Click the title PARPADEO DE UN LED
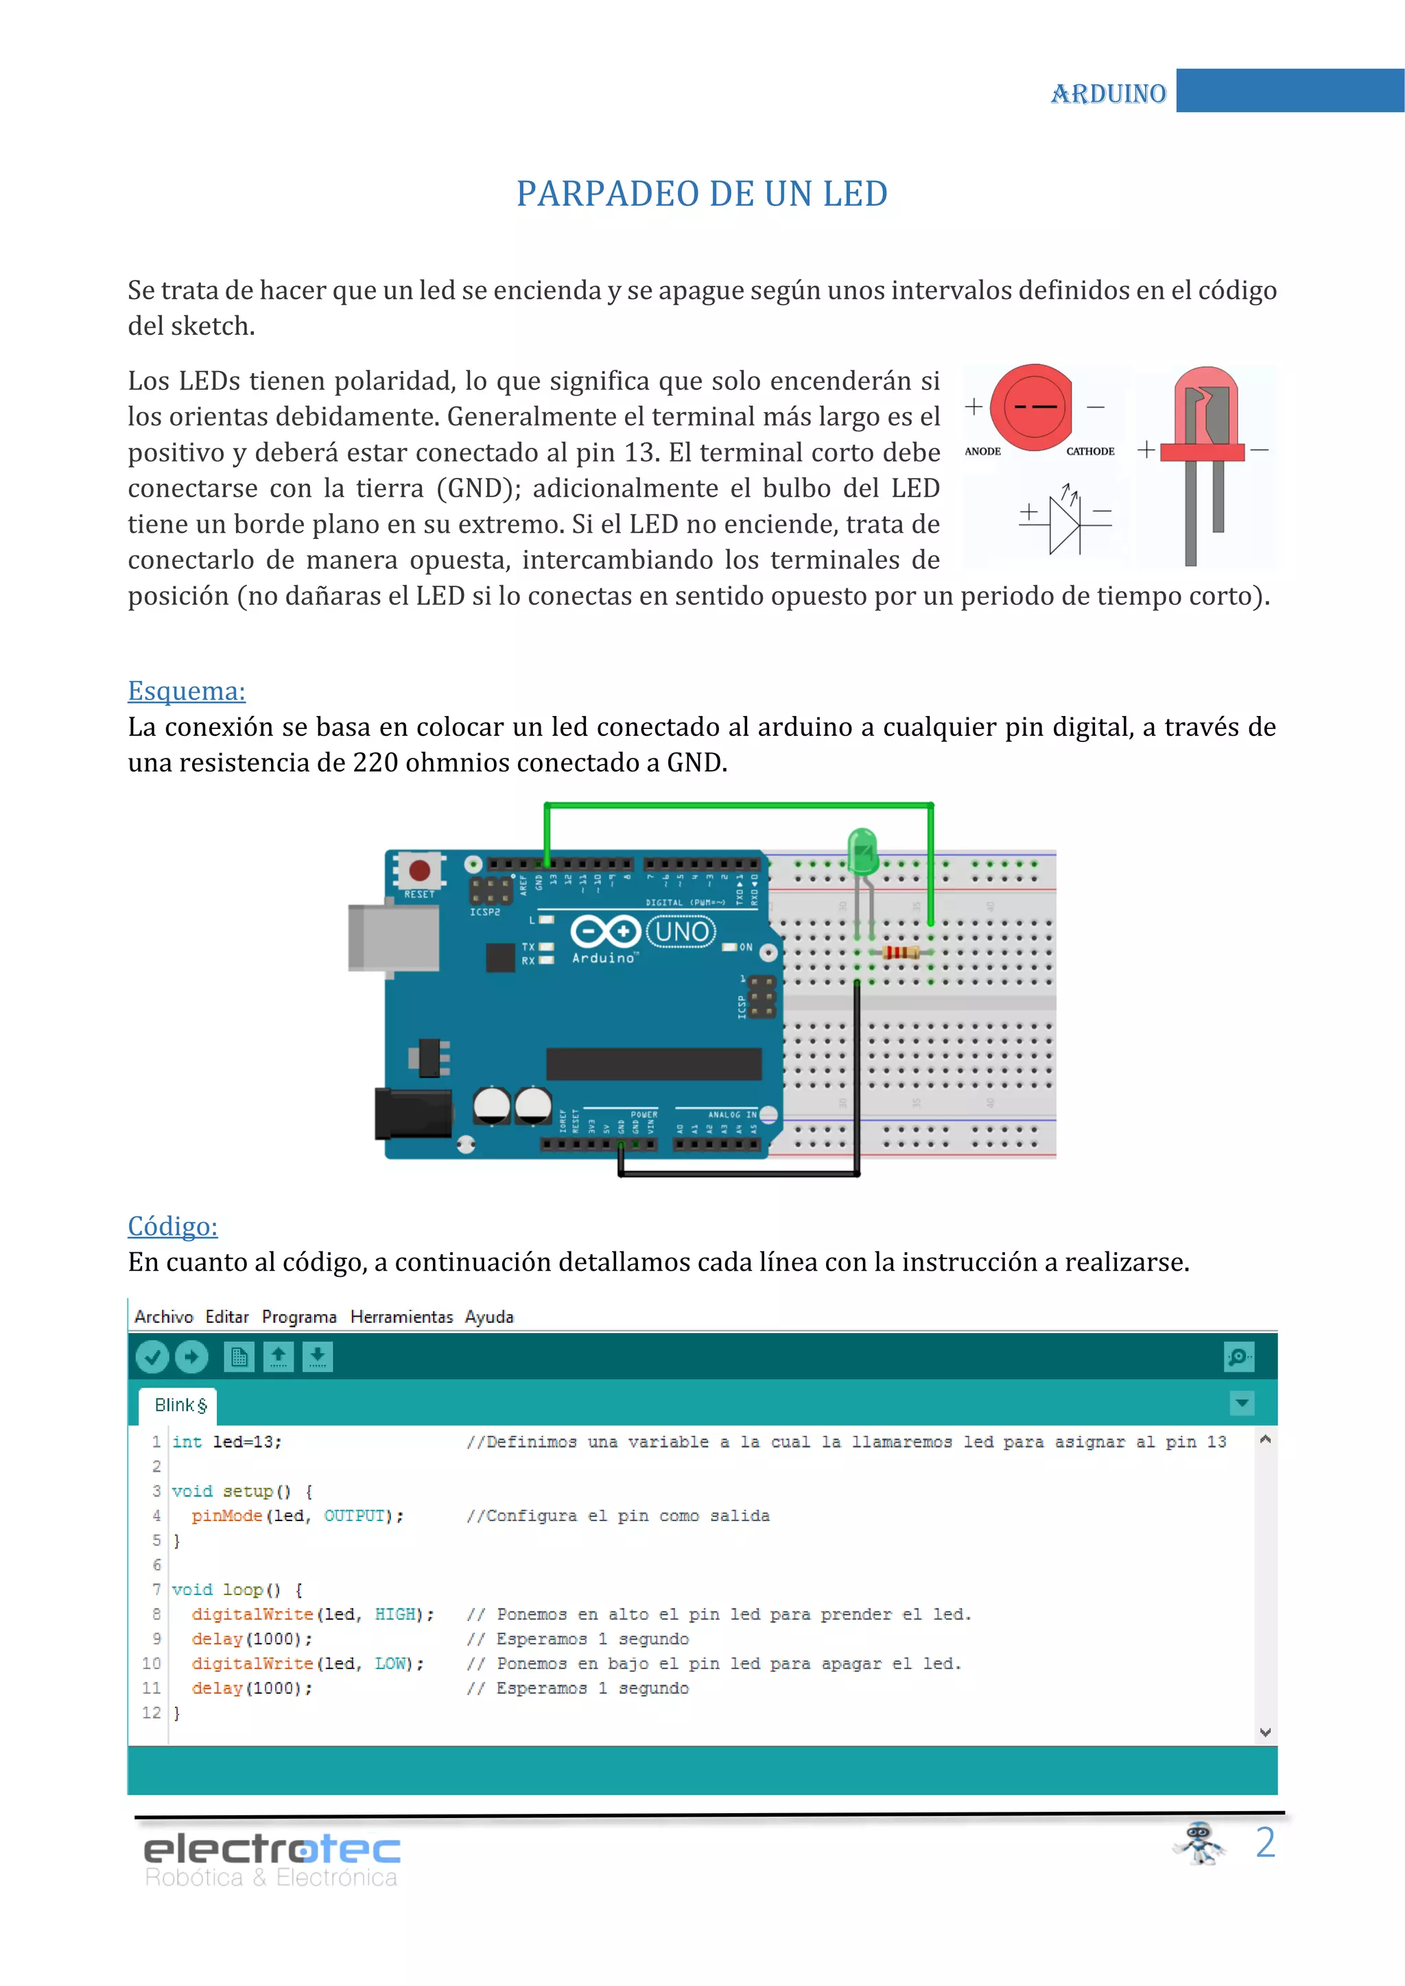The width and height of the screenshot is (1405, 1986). tap(702, 194)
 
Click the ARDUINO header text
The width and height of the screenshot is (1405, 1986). tap(1108, 93)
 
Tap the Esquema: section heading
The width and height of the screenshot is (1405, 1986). tap(186, 691)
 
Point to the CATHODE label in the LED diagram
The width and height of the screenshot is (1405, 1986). tap(1090, 451)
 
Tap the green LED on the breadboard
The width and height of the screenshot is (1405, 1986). tap(862, 852)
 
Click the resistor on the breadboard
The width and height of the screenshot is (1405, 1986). tap(901, 953)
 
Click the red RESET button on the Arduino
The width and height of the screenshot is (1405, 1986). tap(420, 870)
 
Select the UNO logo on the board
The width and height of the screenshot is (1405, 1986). tap(682, 931)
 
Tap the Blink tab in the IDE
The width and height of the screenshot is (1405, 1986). tap(180, 1404)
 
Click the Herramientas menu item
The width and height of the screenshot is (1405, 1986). tap(401, 1317)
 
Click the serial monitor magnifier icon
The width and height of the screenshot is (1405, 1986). tap(1239, 1356)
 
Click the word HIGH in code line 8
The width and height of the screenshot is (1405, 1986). tap(394, 1614)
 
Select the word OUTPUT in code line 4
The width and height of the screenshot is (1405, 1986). tap(354, 1516)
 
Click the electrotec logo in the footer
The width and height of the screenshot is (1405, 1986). tap(271, 1860)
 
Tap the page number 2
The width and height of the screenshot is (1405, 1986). tap(1265, 1843)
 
